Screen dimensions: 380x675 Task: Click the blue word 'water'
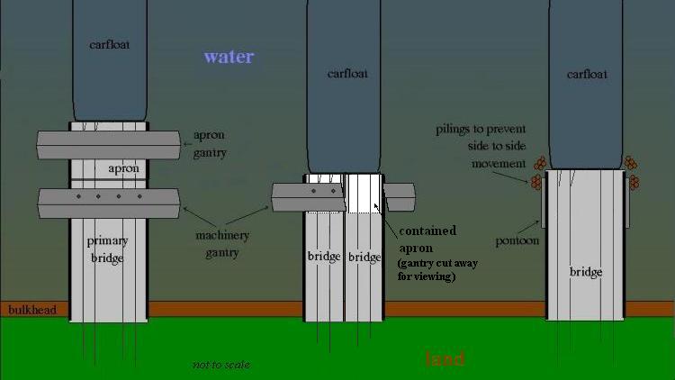pos(229,57)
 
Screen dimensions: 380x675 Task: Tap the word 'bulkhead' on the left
pos(31,311)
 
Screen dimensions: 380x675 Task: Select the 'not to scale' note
pos(220,365)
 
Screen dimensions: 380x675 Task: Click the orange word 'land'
pos(445,359)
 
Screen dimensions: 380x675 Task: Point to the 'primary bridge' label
pos(107,249)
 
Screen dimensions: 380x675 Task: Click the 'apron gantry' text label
pos(210,144)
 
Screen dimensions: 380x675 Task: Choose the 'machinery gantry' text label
pos(221,244)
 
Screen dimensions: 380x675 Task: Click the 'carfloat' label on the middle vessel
pos(347,74)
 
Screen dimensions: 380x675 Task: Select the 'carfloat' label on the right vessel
pos(586,74)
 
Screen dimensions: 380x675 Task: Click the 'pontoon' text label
pos(517,241)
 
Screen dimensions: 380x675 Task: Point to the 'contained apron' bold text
pos(427,239)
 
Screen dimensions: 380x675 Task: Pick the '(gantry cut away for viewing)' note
pos(439,270)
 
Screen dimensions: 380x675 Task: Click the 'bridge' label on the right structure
pos(585,272)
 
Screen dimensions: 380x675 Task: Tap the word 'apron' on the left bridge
pos(123,168)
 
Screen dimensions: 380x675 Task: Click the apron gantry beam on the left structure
pos(107,143)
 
